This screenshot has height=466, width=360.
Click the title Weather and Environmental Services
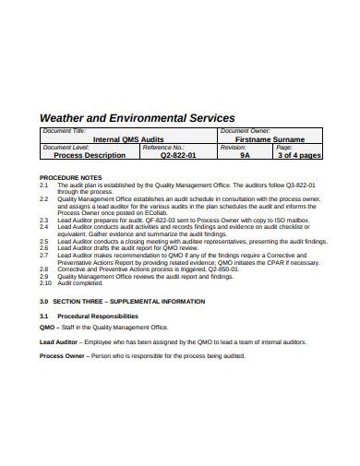[x=136, y=118]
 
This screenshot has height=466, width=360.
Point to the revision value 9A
[x=245, y=156]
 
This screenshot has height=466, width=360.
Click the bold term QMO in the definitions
[x=47, y=327]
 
